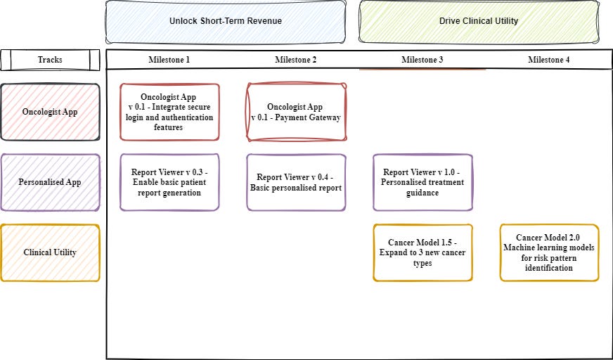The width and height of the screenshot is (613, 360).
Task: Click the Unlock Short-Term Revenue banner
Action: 225,21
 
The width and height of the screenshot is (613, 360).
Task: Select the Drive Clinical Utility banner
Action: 478,21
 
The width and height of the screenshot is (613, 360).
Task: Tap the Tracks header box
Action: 50,60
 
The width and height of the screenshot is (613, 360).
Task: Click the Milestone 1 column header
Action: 169,60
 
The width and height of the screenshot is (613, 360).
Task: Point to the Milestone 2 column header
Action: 296,60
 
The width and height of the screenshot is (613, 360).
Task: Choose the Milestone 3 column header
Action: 422,60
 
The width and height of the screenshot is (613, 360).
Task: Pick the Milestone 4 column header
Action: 549,60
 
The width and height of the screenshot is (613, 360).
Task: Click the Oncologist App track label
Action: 50,112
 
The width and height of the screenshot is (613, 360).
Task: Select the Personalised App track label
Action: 50,182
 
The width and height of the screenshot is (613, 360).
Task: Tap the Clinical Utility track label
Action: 50,252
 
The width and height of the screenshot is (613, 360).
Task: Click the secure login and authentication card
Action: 169,112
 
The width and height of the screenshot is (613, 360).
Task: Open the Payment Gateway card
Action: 296,112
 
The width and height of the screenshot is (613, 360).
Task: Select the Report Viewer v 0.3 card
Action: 169,182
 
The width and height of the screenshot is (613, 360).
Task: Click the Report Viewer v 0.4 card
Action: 296,182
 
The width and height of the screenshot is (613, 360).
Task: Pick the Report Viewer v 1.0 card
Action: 422,182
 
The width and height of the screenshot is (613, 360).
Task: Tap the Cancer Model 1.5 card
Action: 422,252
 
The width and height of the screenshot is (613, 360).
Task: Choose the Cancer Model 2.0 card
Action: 549,252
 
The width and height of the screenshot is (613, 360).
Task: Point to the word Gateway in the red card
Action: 324,117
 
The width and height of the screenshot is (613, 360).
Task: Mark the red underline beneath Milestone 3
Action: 422,69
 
